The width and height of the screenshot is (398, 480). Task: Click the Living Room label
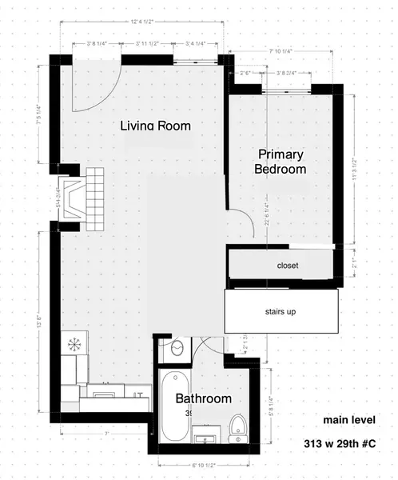pyautogui.click(x=155, y=126)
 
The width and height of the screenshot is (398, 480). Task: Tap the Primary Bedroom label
pyautogui.click(x=281, y=161)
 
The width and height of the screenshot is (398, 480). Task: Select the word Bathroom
pyautogui.click(x=204, y=398)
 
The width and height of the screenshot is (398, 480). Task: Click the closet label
pyautogui.click(x=288, y=265)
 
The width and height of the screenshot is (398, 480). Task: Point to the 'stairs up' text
pyautogui.click(x=280, y=311)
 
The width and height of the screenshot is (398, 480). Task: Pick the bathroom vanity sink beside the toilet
pyautogui.click(x=208, y=438)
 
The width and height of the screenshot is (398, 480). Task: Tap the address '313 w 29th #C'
pyautogui.click(x=340, y=444)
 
